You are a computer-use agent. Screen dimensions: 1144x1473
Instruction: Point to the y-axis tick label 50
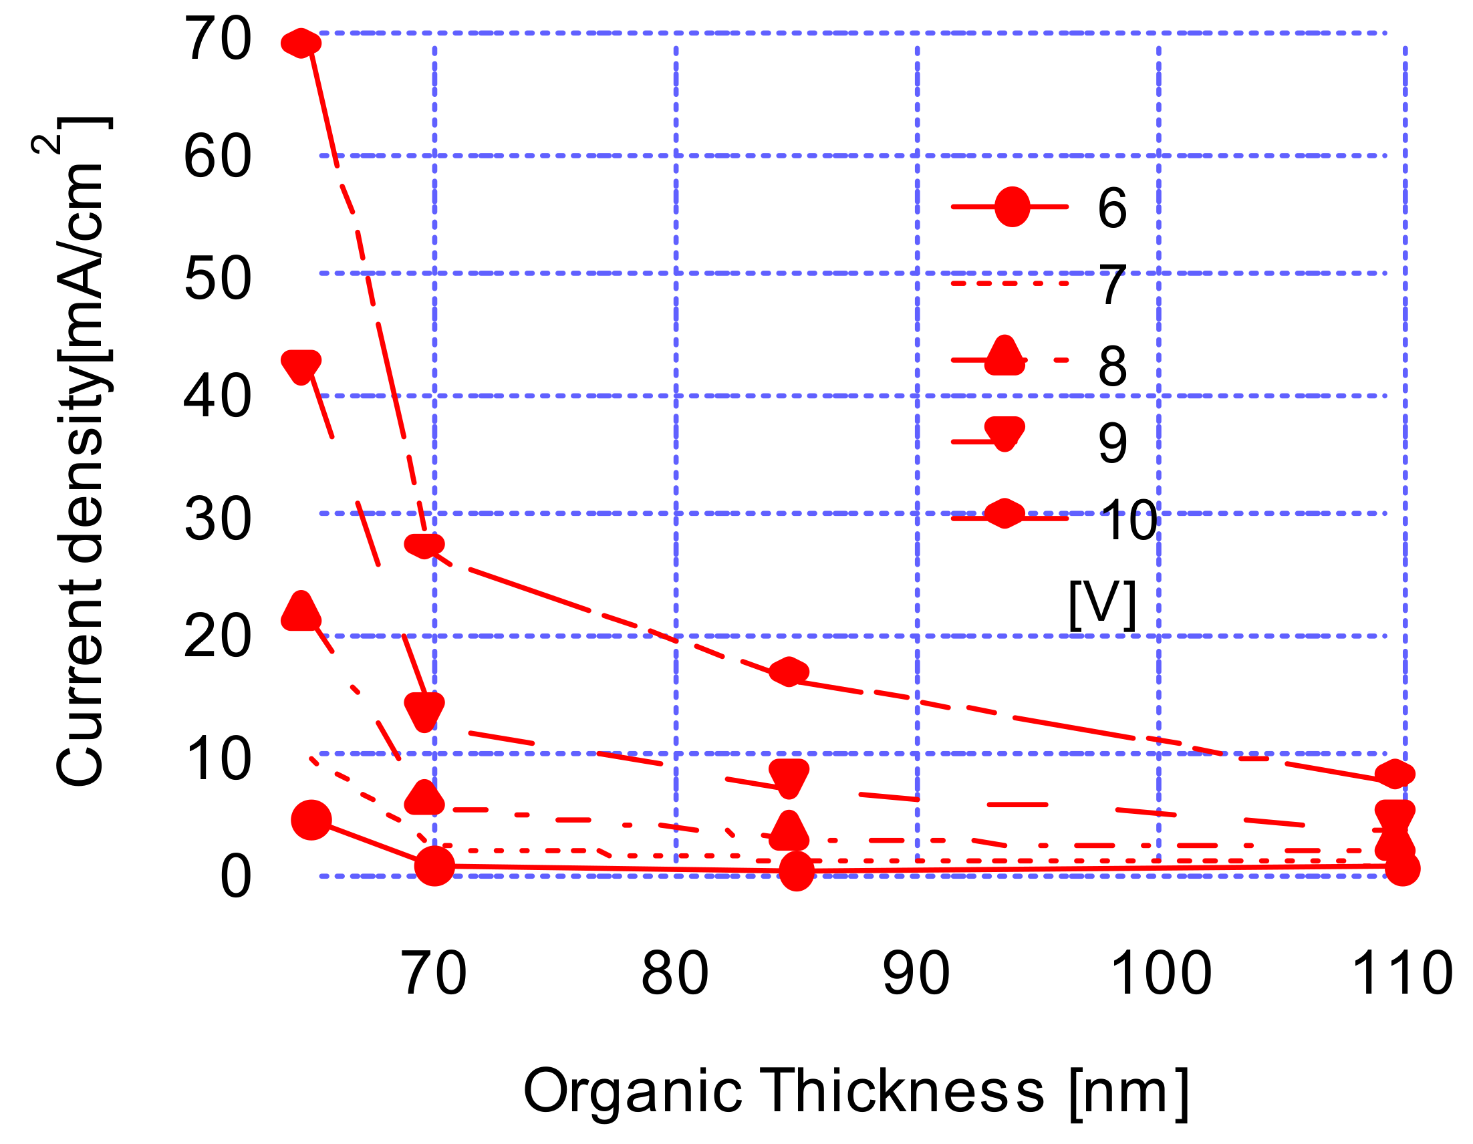218,279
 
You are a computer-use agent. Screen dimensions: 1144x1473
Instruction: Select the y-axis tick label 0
235,877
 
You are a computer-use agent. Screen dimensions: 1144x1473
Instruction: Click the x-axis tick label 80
674,974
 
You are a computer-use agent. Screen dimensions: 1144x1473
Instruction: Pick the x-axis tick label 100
1160,974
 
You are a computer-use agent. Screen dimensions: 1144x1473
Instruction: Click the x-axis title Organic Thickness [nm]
855,1091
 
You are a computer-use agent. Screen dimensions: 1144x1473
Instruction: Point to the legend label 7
1112,285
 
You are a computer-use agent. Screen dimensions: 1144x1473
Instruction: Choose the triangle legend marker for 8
1005,357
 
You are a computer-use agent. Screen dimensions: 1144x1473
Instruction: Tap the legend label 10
1128,521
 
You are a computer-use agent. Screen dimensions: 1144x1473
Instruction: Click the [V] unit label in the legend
1102,605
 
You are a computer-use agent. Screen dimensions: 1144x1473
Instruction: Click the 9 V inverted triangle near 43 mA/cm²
301,366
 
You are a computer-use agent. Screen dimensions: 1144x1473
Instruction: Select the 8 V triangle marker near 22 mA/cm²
301,612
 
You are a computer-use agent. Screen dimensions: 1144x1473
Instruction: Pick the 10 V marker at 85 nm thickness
789,672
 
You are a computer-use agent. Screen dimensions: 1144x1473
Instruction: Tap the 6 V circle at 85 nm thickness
797,871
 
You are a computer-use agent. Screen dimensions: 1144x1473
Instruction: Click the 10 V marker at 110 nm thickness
1394,774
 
